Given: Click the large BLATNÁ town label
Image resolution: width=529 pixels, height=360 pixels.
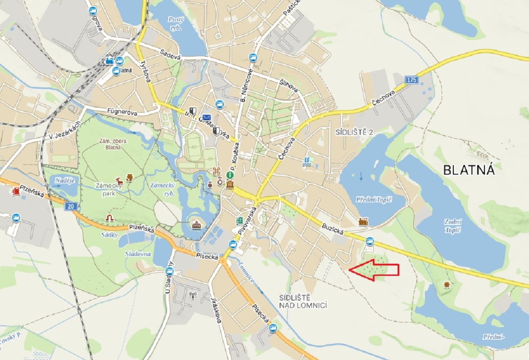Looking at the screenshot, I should pos(469,170).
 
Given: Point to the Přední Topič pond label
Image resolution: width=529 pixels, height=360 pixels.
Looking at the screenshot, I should pos(374,199).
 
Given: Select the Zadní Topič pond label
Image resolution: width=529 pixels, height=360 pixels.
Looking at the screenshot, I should pos(453,225).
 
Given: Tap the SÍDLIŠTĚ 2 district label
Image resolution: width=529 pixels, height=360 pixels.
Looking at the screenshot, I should pos(355,132).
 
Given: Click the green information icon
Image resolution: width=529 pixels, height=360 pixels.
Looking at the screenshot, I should pos(230,175).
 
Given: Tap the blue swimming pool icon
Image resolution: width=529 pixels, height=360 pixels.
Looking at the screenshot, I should pos(307,161).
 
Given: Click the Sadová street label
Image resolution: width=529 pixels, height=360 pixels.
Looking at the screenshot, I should pos(171,55).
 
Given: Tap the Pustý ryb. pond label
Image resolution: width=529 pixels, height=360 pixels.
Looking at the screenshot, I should pos(176,23).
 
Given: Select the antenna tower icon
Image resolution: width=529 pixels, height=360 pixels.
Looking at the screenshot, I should pos(193,296).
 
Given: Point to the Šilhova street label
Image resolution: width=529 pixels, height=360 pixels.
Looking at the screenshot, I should pos(289,85).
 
